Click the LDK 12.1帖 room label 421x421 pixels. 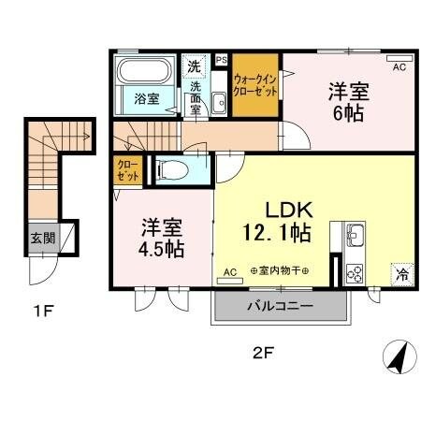(x=279, y=216)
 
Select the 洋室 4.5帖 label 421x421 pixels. (x=162, y=238)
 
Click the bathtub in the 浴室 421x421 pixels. (x=142, y=74)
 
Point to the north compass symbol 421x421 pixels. (x=397, y=356)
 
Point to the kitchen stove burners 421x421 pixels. (x=356, y=272)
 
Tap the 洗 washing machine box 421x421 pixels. (x=194, y=65)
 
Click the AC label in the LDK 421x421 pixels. (x=229, y=272)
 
